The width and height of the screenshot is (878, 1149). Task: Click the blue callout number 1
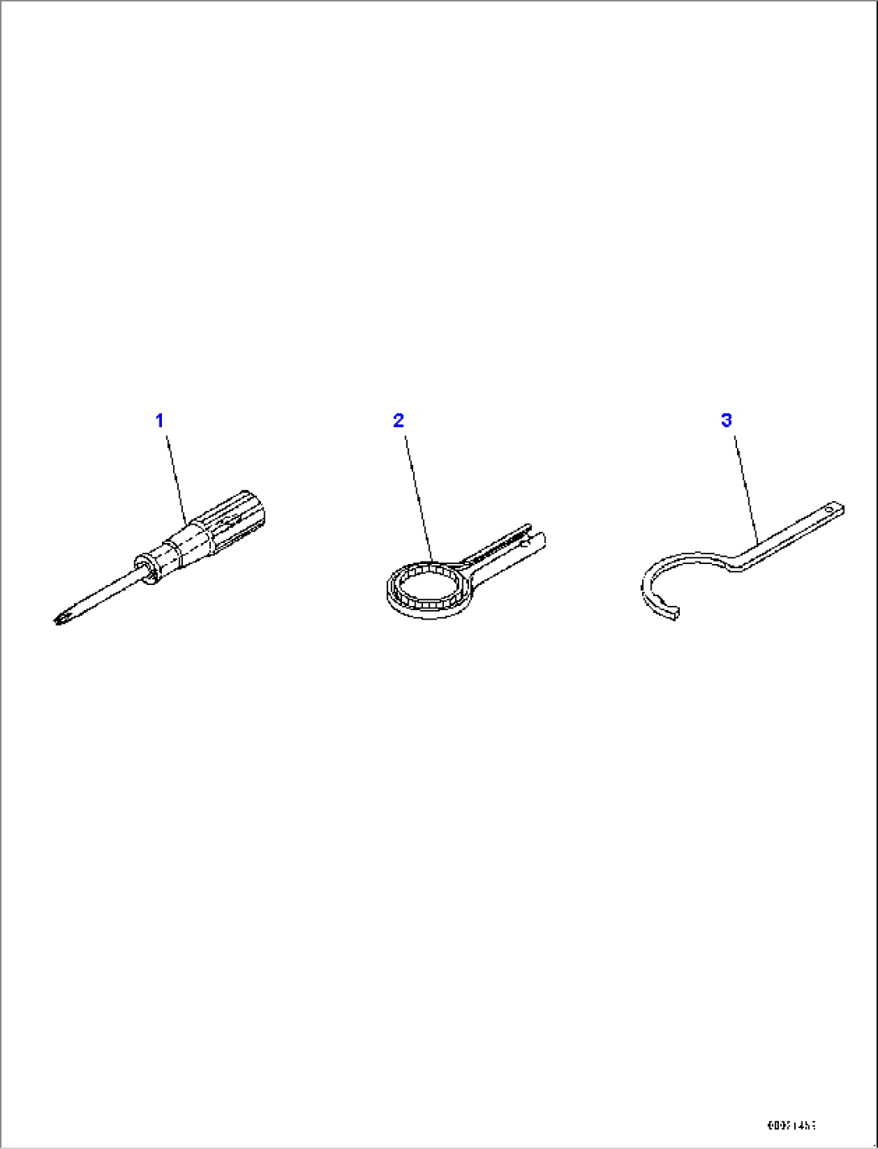click(x=159, y=420)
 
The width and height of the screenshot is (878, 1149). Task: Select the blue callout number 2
click(x=398, y=420)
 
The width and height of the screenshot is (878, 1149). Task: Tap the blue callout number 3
click(x=727, y=420)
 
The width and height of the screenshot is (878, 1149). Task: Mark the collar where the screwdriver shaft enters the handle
click(x=147, y=565)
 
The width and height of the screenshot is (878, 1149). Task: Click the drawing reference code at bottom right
click(x=790, y=1126)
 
